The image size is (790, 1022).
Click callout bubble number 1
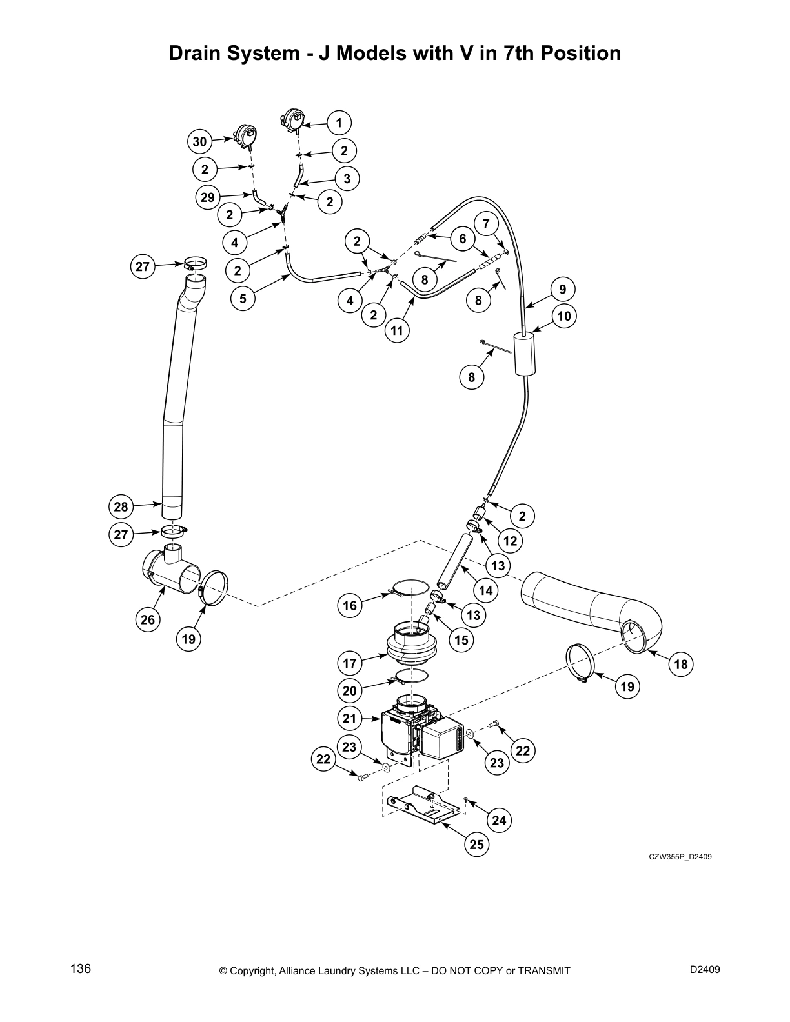[339, 123]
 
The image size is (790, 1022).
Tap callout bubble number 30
[200, 141]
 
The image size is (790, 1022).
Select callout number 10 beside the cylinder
[564, 316]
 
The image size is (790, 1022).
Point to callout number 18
[680, 664]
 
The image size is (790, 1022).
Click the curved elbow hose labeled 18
[594, 606]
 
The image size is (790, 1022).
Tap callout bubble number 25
[477, 845]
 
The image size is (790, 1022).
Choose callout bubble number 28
[121, 506]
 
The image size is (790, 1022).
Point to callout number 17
[349, 663]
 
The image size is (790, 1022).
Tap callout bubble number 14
[485, 590]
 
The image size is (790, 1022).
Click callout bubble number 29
[207, 197]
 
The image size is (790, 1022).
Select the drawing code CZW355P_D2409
[680, 857]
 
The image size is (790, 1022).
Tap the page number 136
[81, 969]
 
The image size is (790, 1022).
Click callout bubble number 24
[499, 821]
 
